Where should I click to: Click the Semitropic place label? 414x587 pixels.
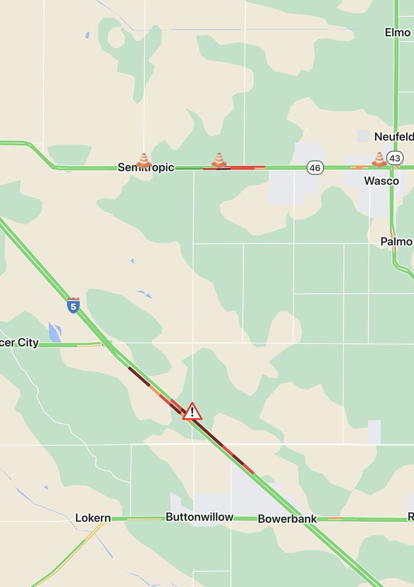[146, 168]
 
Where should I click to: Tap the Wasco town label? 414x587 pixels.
[381, 181]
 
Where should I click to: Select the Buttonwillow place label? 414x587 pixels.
[199, 517]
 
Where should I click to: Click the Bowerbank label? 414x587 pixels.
[287, 519]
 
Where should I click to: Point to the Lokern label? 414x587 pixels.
[93, 518]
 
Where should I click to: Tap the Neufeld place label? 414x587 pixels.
[393, 136]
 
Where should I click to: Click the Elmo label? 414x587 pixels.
[397, 33]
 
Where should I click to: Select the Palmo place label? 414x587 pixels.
[396, 242]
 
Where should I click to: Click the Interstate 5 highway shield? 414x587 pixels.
[73, 305]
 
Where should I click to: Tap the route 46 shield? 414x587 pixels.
[316, 168]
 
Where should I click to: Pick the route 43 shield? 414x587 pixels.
[394, 158]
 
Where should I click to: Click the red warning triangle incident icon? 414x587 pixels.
[192, 412]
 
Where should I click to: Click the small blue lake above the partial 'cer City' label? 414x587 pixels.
[54, 332]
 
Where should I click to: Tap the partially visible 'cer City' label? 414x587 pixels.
[20, 342]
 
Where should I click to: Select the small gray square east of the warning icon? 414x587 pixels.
[374, 432]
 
